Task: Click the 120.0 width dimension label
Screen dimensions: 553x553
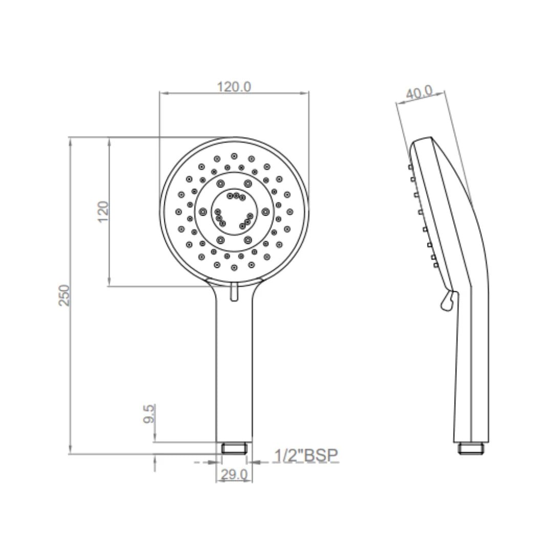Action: tap(234, 87)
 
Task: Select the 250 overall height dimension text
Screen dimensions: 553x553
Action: tap(65, 295)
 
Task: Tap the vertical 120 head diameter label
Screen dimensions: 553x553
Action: tap(103, 211)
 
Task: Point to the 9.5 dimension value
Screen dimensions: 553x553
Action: tap(149, 414)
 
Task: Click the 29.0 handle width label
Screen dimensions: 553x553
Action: tap(235, 474)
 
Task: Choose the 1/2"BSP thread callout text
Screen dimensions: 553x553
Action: tap(306, 455)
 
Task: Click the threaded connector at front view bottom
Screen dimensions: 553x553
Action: tap(234, 448)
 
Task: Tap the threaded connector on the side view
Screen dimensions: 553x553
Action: tap(471, 448)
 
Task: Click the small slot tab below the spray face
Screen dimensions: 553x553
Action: tap(234, 292)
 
